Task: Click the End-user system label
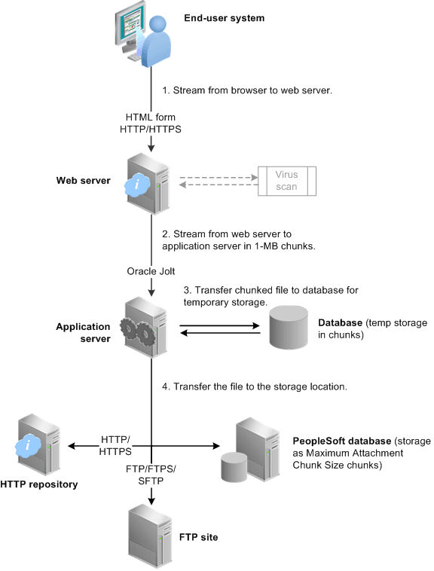pos(225,18)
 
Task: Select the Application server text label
pos(82,332)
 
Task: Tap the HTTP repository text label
pos(39,484)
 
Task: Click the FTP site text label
pos(200,538)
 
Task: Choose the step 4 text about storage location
pos(254,386)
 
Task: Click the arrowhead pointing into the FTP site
pos(153,498)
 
